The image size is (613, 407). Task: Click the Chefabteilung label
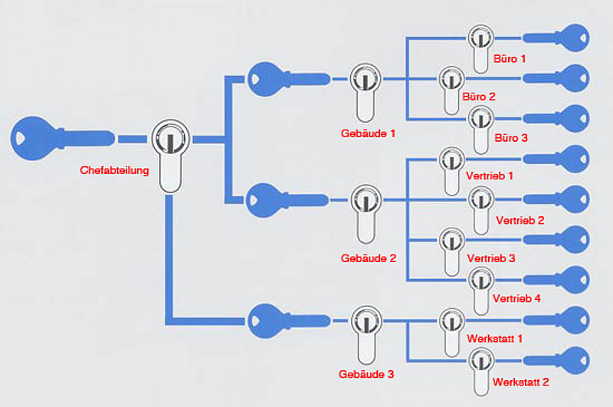click(x=114, y=169)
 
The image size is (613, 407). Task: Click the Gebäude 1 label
click(x=368, y=133)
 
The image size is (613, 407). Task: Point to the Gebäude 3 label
click(x=366, y=375)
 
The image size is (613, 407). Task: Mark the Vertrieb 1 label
click(x=489, y=176)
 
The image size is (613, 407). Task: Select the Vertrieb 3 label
click(x=490, y=258)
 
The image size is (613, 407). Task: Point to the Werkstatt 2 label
click(x=521, y=381)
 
